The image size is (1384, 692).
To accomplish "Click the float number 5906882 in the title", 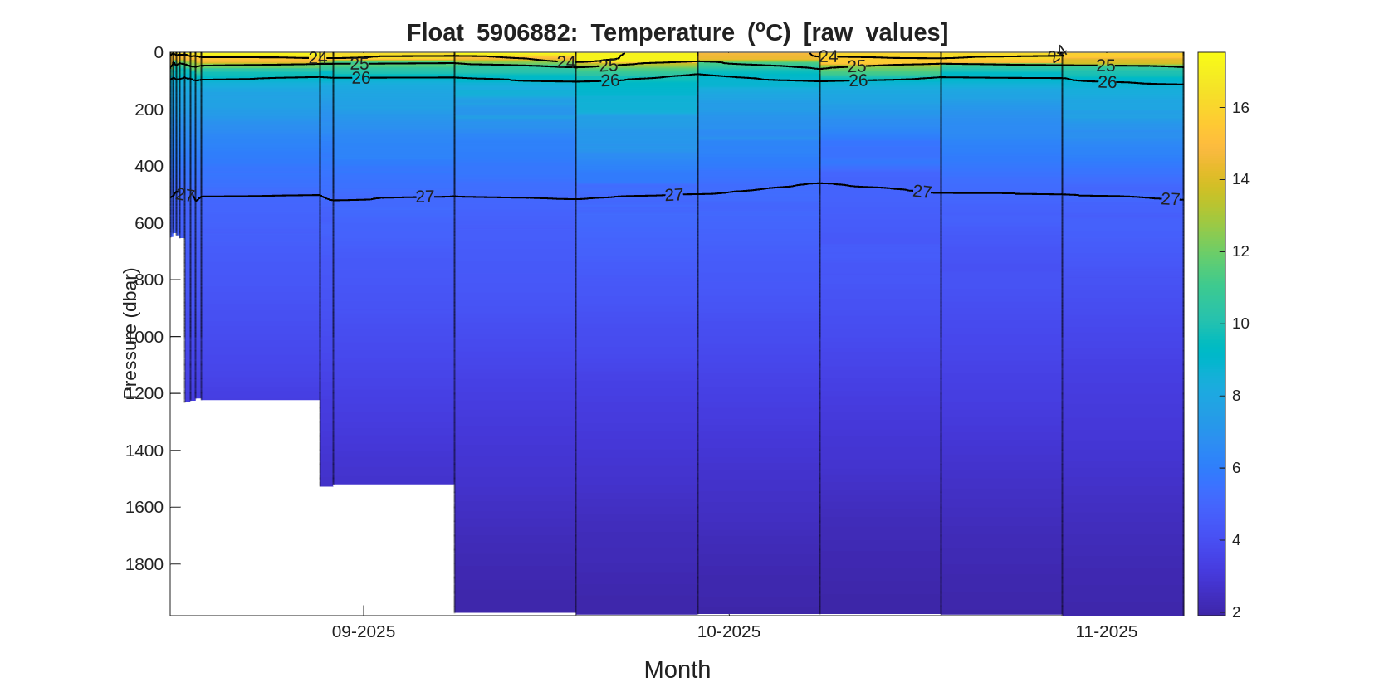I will coord(526,32).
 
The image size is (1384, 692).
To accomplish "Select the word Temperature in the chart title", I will coord(663,32).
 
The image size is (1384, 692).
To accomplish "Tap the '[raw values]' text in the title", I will coord(875,32).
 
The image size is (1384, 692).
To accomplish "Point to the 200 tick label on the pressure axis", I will coord(149,110).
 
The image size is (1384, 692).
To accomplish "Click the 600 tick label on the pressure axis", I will coord(149,223).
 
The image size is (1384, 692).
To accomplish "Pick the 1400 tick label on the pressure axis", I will coord(144,451).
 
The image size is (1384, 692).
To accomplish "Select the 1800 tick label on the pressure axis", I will coord(144,564).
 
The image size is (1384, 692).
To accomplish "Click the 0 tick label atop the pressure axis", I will coord(159,52).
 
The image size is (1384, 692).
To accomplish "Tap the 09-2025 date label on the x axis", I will coord(364,631).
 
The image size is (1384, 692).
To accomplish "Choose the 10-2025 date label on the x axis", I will coord(728,631).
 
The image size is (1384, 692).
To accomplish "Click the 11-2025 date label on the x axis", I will coord(1106,631).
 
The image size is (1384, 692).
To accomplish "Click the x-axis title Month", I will coord(677,670).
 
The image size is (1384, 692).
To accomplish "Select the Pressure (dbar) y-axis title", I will coord(130,334).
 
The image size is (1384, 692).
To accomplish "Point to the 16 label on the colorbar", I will coord(1240,108).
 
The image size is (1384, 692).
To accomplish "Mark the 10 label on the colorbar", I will coord(1240,324).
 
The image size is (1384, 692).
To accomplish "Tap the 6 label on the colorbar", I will coord(1236,468).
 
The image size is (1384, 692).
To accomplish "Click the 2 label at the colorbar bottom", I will coord(1236,612).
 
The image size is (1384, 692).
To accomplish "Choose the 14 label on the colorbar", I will coord(1240,179).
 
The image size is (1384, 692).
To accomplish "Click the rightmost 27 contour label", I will coord(1170,199).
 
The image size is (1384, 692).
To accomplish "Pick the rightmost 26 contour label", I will coord(1107,82).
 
